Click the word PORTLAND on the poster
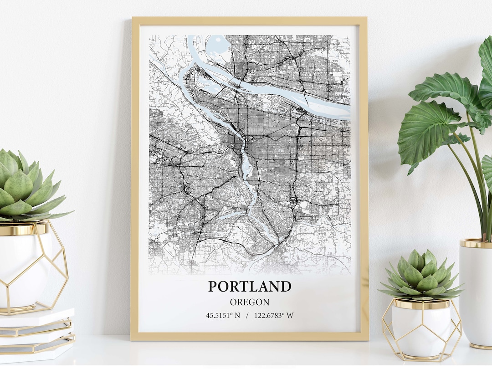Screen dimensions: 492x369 click(250, 287)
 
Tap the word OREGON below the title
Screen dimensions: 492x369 click(250, 302)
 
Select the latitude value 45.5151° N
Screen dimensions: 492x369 click(223, 315)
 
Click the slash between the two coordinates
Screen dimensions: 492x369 click(247, 315)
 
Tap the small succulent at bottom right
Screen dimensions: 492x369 click(421, 275)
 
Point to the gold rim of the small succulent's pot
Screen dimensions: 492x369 click(421, 304)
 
